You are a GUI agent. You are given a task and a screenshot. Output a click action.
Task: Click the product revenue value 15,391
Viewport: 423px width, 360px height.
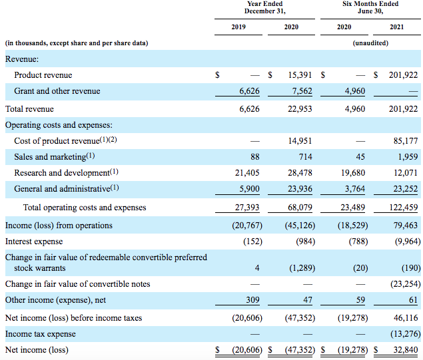pyautogui.click(x=300, y=75)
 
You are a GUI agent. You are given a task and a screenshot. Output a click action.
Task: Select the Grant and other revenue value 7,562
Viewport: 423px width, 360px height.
pyautogui.click(x=302, y=91)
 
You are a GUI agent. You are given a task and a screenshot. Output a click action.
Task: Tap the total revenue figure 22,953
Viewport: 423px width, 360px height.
pyautogui.click(x=300, y=109)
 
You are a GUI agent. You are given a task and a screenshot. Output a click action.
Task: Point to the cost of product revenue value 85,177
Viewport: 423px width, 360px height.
pyautogui.click(x=406, y=140)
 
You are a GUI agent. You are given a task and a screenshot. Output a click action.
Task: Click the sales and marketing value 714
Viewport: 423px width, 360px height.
pyautogui.click(x=305, y=156)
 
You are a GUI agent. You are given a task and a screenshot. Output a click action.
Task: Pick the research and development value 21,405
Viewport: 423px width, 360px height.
pyautogui.click(x=247, y=173)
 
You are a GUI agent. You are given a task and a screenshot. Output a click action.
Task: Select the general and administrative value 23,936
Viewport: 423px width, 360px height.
pyautogui.click(x=300, y=188)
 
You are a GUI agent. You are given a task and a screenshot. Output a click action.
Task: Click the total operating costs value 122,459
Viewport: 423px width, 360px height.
pyautogui.click(x=403, y=207)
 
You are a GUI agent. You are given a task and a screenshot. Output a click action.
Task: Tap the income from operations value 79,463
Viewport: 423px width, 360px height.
pyautogui.click(x=406, y=225)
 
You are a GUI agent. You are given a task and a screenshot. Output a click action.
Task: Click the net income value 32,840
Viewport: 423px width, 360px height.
pyautogui.click(x=406, y=349)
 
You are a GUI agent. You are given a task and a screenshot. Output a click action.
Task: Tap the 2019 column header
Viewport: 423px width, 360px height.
pyautogui.click(x=238, y=27)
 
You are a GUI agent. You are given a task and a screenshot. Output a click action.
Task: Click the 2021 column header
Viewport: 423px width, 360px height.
pyautogui.click(x=396, y=27)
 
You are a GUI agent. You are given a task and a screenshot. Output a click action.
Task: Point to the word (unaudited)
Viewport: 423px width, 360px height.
pyautogui.click(x=370, y=43)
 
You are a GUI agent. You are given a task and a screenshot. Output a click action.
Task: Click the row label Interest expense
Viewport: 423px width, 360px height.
pyautogui.click(x=34, y=242)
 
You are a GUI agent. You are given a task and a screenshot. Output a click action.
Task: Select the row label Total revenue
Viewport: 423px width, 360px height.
pyautogui.click(x=29, y=109)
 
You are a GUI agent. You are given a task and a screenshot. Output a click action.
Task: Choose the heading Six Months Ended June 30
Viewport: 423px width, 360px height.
pyautogui.click(x=370, y=7)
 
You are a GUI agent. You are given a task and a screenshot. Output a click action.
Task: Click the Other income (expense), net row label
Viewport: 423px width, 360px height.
pyautogui.click(x=55, y=300)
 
